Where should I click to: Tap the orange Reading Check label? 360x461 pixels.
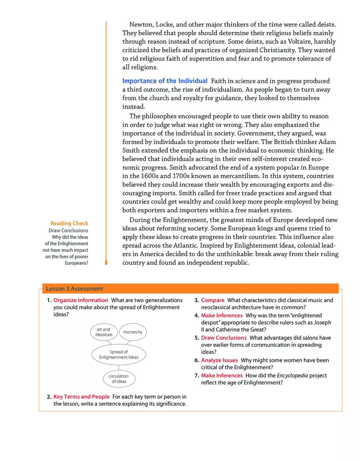69,223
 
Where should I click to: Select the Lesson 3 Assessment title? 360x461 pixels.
74,289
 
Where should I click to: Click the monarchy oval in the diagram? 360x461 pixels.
133,332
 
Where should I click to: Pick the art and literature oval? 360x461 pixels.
103,332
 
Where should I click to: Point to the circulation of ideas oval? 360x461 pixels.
119,379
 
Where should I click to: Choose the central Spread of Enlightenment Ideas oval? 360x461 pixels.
119,355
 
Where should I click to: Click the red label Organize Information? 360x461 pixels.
81,300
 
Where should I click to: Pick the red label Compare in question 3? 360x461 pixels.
212,300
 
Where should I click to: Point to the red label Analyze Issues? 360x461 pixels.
219,360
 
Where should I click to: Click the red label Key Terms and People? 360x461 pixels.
81,397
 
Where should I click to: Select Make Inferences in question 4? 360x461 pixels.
221,315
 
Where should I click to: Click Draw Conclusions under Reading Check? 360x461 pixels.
68,230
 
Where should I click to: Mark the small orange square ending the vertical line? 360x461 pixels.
106,263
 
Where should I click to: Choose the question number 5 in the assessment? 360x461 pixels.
196,338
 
